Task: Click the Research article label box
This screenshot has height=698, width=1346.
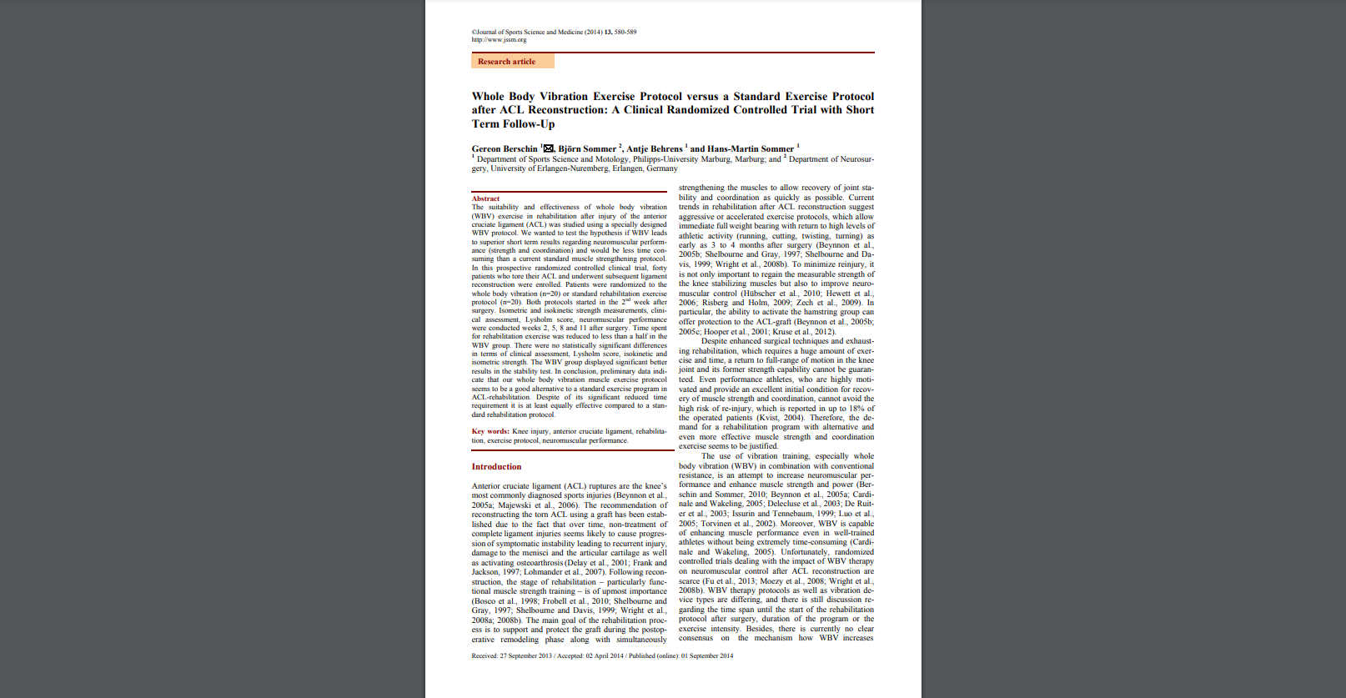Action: point(512,61)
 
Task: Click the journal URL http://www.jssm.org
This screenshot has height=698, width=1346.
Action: point(499,39)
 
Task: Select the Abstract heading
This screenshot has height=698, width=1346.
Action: point(485,198)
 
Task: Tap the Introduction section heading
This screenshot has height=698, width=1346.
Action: point(496,467)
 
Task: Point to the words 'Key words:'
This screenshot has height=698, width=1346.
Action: point(490,431)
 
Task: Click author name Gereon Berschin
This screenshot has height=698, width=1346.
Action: point(505,149)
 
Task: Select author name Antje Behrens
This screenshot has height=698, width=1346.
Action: point(655,149)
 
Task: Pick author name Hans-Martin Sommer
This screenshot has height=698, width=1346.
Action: point(751,149)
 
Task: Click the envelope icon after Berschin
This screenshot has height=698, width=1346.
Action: point(548,148)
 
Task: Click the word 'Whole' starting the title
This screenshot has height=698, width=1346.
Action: point(488,97)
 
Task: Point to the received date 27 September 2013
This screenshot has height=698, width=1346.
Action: point(526,655)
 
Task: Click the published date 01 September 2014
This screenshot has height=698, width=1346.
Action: point(707,655)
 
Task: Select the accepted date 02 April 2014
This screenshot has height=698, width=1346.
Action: point(605,655)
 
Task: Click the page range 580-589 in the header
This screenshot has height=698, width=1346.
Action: point(625,32)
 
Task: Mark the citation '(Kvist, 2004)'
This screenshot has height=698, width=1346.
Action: point(781,418)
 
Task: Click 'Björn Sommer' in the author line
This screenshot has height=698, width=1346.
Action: point(587,149)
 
